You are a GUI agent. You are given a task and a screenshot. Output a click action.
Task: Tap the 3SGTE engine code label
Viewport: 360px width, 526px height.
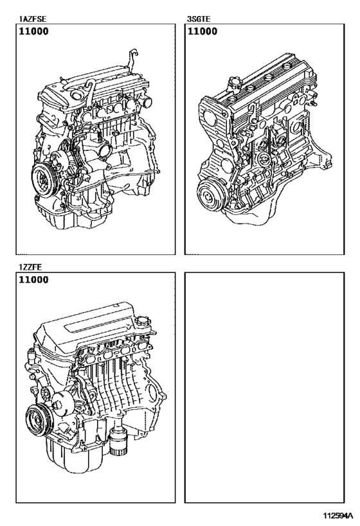tap(199, 20)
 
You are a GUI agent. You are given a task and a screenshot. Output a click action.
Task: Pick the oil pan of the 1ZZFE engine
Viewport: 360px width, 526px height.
tap(71, 459)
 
